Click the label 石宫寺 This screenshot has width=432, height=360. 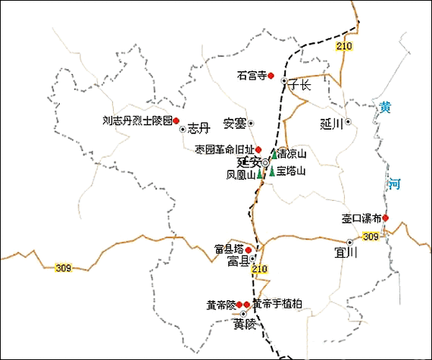[x=252, y=75]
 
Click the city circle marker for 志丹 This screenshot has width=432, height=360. [x=182, y=130]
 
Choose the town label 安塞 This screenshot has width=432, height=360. [x=234, y=123]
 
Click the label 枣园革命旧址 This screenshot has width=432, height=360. [x=223, y=149]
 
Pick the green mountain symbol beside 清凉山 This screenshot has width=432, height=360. [x=274, y=154]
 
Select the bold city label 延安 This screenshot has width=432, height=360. [x=248, y=162]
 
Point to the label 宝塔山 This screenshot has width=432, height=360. [x=291, y=171]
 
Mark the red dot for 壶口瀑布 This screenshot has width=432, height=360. [x=385, y=218]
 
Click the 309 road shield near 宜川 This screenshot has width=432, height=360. [x=370, y=238]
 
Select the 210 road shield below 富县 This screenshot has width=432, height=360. [x=260, y=270]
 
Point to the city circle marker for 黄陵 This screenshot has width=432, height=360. [x=244, y=313]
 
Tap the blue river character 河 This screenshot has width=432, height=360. [x=395, y=183]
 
